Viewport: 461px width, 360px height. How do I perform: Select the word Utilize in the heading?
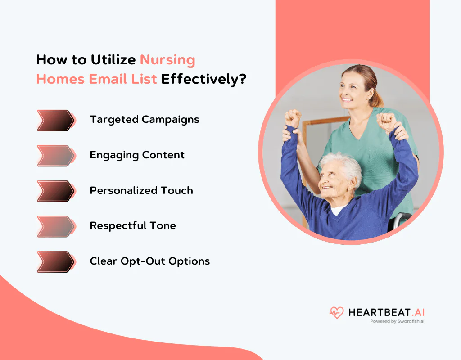click(113, 60)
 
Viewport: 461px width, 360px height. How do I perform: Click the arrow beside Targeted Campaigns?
click(55, 121)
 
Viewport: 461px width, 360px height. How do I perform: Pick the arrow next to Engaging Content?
click(55, 156)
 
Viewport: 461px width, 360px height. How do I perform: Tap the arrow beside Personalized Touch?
click(55, 191)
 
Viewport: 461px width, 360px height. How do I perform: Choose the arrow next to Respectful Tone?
click(55, 227)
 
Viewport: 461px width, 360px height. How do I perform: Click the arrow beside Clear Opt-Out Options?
click(55, 262)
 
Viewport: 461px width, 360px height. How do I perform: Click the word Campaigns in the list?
click(171, 120)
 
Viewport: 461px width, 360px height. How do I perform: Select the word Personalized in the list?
click(123, 190)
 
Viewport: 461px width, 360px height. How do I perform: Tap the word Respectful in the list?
click(118, 226)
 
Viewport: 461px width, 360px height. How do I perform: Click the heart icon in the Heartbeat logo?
click(336, 313)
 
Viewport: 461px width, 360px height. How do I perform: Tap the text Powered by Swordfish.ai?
click(397, 321)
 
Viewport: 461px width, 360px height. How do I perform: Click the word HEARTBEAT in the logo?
click(379, 312)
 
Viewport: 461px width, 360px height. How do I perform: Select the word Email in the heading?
click(108, 79)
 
